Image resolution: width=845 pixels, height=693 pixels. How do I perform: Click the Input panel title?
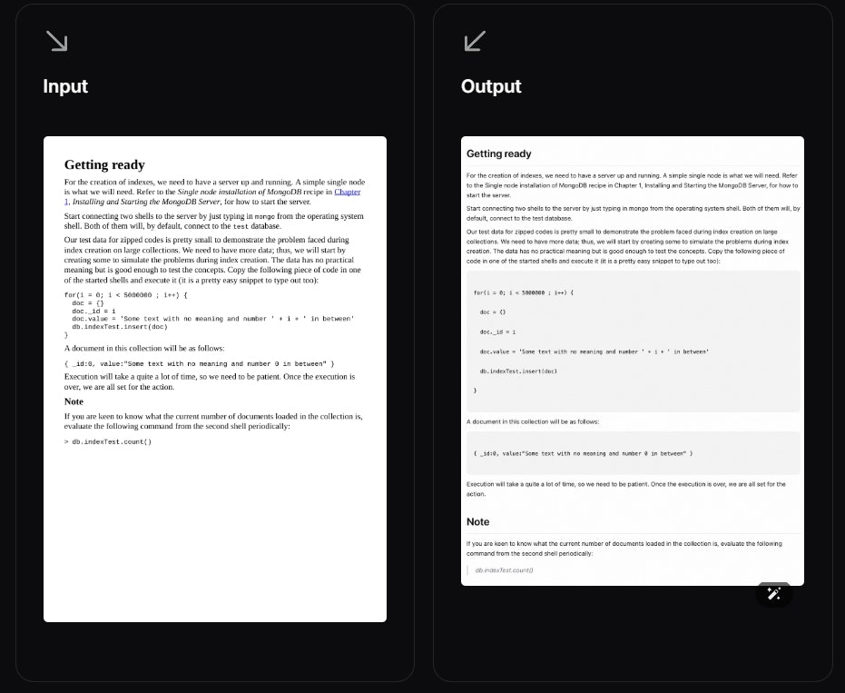(x=65, y=86)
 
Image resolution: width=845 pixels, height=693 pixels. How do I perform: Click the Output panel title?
(x=491, y=86)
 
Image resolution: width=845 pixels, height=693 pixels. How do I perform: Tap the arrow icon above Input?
(x=57, y=41)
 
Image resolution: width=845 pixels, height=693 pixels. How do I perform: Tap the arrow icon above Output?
(x=475, y=41)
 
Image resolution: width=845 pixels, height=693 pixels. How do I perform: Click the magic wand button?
(x=773, y=593)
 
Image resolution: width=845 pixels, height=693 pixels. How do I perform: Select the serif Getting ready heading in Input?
(x=104, y=164)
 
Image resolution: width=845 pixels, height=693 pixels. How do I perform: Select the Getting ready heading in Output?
(x=499, y=153)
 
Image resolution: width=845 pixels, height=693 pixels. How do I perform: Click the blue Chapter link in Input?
(x=347, y=192)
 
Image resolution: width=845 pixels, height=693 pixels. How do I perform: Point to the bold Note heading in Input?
(x=74, y=401)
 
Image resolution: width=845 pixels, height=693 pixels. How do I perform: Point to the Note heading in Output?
(x=478, y=522)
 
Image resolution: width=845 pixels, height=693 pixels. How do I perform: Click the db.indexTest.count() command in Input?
(x=112, y=441)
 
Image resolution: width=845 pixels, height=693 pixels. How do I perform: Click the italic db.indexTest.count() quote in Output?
(x=504, y=570)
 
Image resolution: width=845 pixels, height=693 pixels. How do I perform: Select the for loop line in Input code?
(x=125, y=295)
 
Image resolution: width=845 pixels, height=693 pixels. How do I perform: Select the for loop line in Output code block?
(x=524, y=292)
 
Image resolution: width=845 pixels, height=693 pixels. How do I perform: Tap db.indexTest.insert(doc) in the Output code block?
(x=518, y=371)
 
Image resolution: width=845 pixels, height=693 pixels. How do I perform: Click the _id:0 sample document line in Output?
(x=583, y=452)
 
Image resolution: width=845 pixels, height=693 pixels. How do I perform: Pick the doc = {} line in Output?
(x=493, y=312)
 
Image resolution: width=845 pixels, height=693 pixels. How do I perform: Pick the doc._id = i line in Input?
(x=93, y=311)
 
